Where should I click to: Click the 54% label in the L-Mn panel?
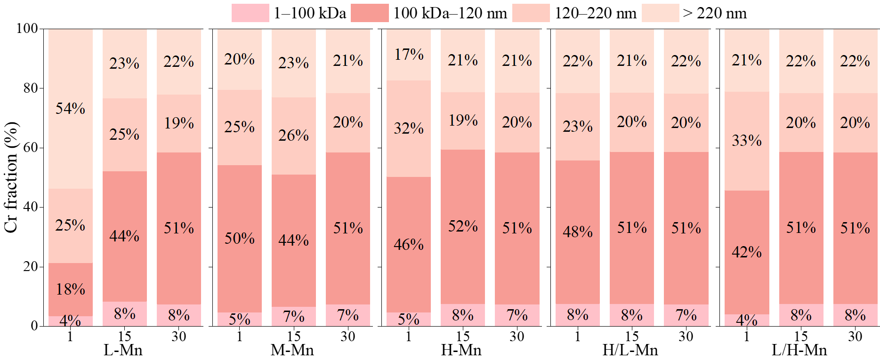tap(70, 109)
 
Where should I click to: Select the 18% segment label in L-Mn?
tap(70, 289)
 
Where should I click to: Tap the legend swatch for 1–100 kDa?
tap(250, 13)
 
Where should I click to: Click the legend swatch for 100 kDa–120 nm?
tap(370, 13)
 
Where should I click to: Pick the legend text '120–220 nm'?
tap(595, 13)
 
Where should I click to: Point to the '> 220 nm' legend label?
tap(714, 13)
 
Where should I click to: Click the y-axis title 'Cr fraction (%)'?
tap(11, 177)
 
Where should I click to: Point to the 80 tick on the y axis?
tap(30, 88)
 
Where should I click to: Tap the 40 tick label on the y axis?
tap(30, 207)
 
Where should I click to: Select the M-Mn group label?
tap(292, 350)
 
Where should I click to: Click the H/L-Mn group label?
tap(630, 350)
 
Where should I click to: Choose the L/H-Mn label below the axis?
tap(799, 350)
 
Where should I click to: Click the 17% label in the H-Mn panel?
tap(409, 55)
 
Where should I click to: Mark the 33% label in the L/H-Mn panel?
tap(746, 141)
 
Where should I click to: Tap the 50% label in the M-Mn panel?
tap(239, 239)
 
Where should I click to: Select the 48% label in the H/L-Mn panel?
tap(577, 232)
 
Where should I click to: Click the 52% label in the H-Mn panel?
tap(462, 226)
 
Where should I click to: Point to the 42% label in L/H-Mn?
tap(746, 252)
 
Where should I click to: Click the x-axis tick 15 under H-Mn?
tap(462, 336)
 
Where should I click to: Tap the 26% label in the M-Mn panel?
tap(293, 136)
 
